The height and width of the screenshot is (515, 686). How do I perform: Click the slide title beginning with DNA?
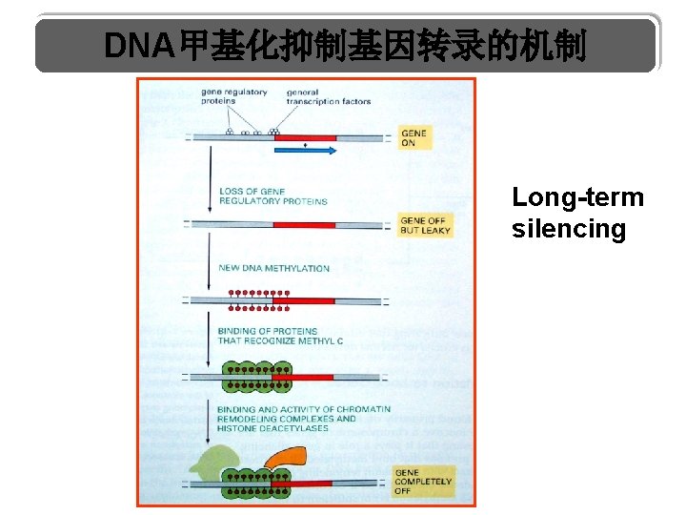point(345,45)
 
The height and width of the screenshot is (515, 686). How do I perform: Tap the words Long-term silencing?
point(577,213)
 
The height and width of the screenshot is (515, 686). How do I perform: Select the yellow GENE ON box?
point(414,138)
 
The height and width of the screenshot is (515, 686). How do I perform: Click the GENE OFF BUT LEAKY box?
point(423,225)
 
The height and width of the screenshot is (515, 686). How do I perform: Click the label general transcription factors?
point(328,96)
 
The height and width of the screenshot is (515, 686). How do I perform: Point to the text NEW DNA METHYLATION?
point(273,268)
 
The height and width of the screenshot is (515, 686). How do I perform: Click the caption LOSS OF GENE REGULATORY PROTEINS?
point(272,196)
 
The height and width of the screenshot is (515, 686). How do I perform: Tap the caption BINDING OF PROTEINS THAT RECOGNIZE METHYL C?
point(280,336)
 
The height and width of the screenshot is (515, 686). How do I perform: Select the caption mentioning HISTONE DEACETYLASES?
point(303,419)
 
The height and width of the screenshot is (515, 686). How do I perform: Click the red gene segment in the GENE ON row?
point(305,137)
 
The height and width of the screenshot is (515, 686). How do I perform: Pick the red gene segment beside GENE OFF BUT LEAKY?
point(304,225)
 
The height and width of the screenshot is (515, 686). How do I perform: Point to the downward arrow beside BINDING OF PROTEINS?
point(209,343)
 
